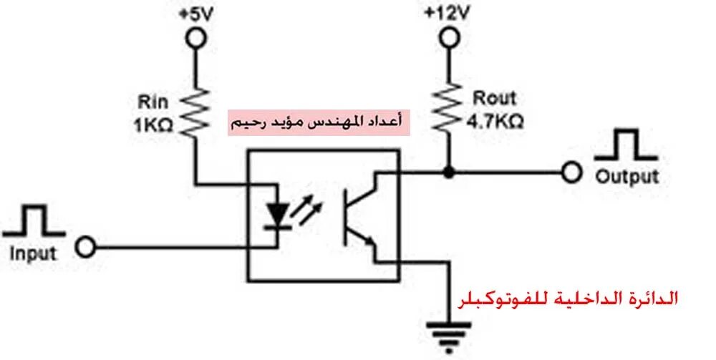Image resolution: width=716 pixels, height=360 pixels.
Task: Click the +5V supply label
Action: pos(194,13)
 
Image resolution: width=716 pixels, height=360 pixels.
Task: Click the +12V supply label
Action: pos(447,13)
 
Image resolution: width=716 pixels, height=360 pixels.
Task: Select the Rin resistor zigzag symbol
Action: pos(194,111)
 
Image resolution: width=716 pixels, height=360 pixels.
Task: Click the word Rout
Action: pos(494,99)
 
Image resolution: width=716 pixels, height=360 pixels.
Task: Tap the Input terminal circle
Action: pos(86,248)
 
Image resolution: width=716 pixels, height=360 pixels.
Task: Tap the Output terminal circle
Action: pos(571,172)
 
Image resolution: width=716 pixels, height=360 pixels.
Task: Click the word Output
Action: pos(626,176)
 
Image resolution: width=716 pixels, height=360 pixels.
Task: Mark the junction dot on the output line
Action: pos(448,172)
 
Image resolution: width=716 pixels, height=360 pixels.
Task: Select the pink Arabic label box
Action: pos(319,122)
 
